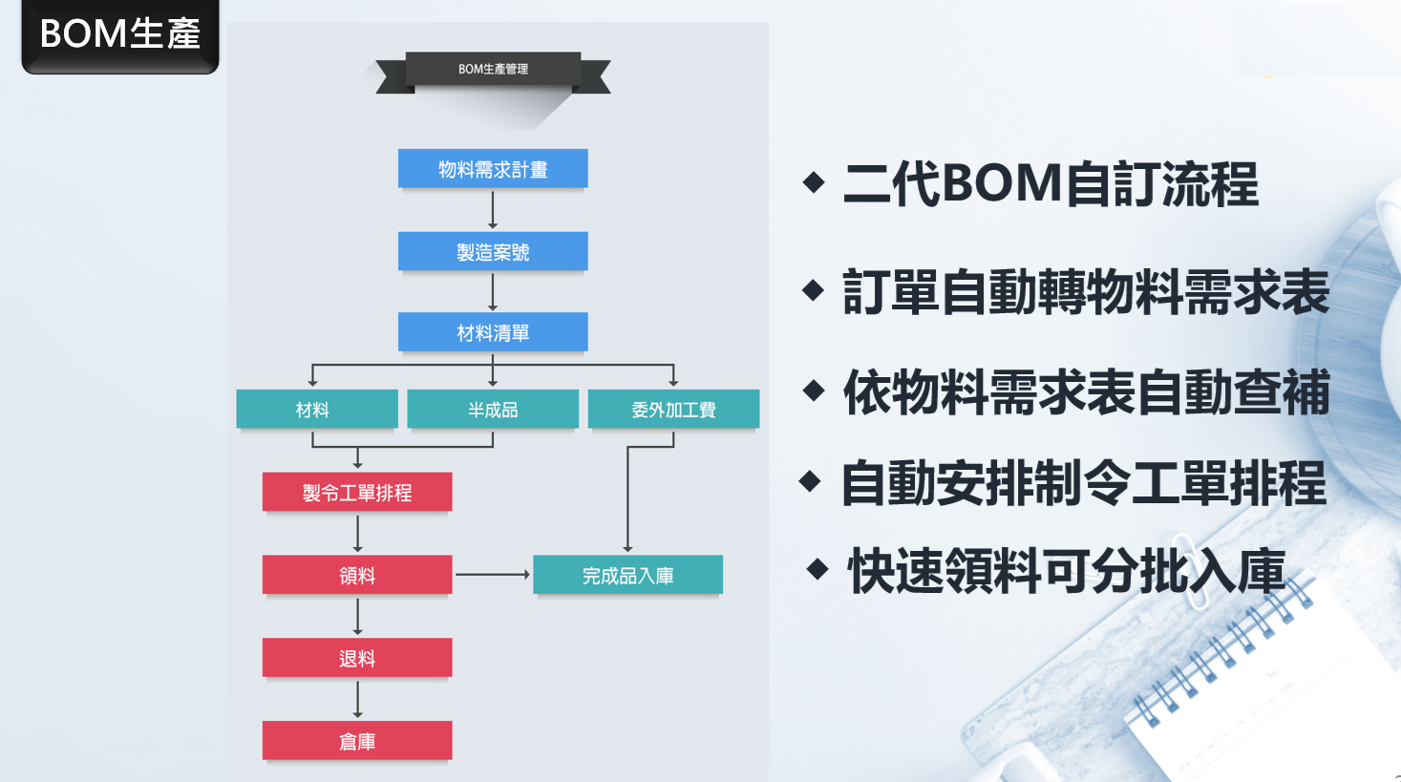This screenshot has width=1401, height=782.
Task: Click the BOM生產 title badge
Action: [120, 34]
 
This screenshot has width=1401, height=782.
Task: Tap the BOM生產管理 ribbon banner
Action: [493, 69]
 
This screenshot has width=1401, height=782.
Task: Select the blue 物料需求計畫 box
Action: [493, 169]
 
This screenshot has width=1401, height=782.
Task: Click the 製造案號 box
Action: [493, 252]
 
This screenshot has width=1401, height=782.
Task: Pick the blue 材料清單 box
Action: [493, 332]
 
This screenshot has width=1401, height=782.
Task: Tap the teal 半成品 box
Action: [493, 409]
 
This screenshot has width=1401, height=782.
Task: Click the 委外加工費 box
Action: [673, 409]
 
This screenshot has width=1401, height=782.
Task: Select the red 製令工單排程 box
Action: [357, 492]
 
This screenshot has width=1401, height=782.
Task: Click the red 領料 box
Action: [357, 575]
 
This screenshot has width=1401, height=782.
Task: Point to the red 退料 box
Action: [357, 658]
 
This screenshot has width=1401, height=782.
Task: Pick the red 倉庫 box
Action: [357, 741]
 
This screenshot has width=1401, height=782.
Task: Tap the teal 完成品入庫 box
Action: [627, 575]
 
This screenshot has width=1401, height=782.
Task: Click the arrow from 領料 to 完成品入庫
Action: [492, 575]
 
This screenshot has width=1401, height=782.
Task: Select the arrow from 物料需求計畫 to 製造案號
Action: [493, 210]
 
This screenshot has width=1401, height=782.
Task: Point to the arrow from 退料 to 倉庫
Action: [358, 699]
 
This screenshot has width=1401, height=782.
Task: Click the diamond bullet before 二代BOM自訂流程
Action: [814, 181]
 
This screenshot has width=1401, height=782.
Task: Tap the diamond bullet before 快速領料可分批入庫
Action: [817, 569]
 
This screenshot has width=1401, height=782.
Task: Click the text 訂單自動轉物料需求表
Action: [1086, 292]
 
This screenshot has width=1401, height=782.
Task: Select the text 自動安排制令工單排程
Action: [1084, 483]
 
